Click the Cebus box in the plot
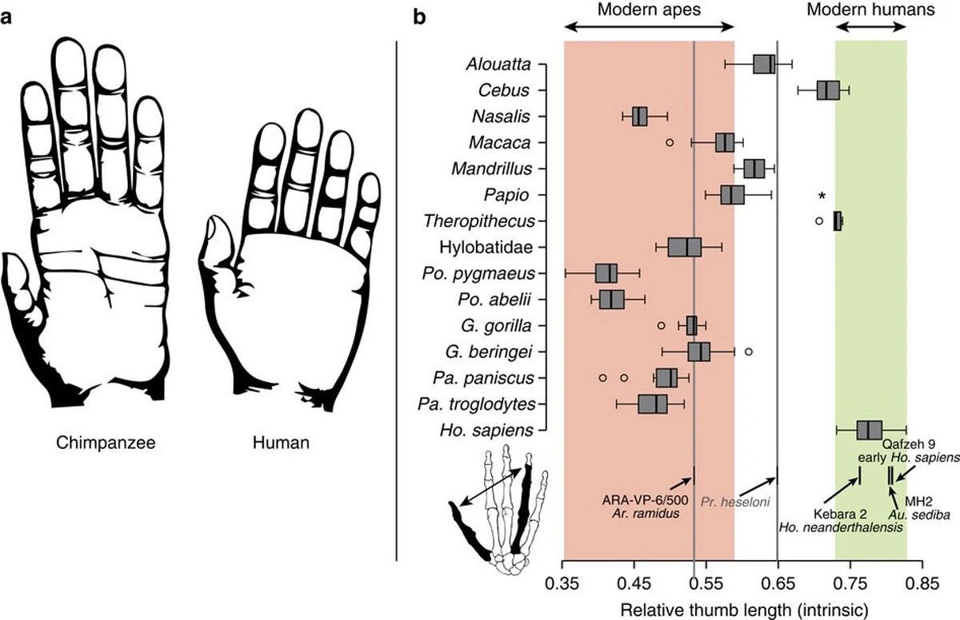[x=828, y=90]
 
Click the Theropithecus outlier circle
[x=818, y=221]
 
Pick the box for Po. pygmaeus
[x=606, y=273]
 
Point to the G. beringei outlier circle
[x=748, y=352]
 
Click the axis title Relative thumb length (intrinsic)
[x=742, y=610]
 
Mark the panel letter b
[x=418, y=18]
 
